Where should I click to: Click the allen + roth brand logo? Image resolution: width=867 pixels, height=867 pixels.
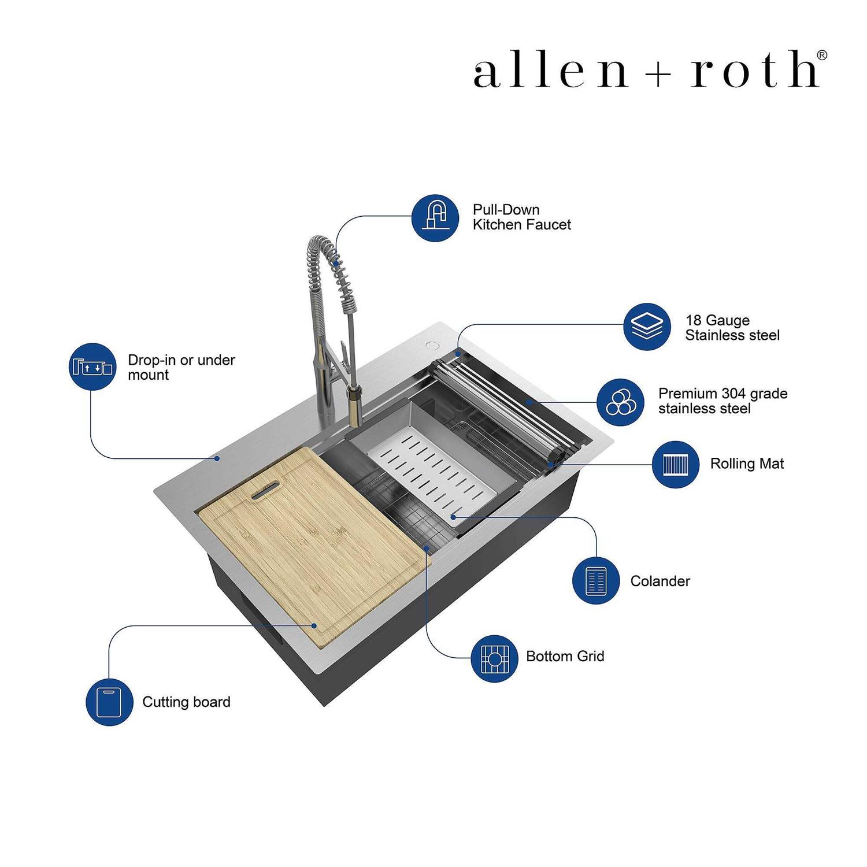pos(650,69)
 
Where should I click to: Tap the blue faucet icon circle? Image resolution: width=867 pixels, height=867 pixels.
pos(435,217)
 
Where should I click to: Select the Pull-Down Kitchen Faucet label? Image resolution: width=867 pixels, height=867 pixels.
pos(521,217)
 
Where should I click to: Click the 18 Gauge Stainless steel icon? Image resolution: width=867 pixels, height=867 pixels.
pos(647,327)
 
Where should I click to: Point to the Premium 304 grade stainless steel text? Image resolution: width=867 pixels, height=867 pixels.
pos(722,401)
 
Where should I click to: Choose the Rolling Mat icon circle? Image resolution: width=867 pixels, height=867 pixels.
pos(676,464)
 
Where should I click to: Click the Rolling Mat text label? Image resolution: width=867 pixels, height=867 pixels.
pos(747,464)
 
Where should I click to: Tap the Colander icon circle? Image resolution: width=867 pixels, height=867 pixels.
pos(596,580)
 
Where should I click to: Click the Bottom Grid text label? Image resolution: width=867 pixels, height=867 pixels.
pos(565,657)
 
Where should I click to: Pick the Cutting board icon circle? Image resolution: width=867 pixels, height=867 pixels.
pos(109,702)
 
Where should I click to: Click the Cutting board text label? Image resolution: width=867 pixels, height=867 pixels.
pos(186,702)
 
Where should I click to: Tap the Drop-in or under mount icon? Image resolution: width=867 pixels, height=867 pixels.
pos(92,366)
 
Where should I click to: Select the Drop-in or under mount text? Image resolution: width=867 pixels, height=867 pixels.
pos(181,368)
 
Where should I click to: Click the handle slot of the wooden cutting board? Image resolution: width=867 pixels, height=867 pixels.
pos(265,492)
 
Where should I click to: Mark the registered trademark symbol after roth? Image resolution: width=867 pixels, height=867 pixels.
pos(821,55)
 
